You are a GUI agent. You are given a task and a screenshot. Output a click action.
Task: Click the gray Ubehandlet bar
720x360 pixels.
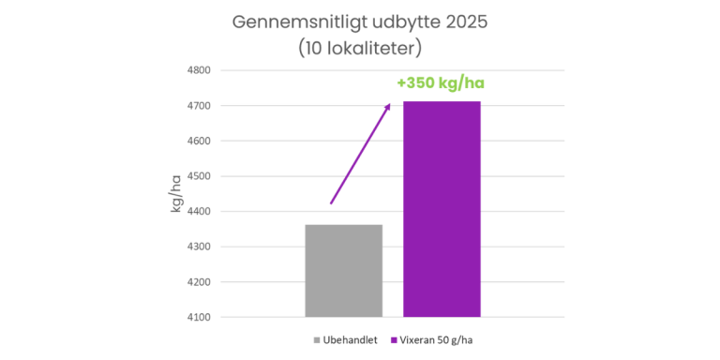tap(343, 271)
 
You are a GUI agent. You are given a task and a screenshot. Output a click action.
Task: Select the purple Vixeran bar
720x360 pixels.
tap(442, 209)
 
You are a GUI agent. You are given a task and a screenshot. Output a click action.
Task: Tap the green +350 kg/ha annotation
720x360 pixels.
tap(441, 83)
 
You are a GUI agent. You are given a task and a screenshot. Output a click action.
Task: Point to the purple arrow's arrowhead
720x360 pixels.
tap(387, 107)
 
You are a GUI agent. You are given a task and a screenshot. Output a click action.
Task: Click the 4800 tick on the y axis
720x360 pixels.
tap(199, 70)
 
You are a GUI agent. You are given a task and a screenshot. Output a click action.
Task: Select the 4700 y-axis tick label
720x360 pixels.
tap(199, 106)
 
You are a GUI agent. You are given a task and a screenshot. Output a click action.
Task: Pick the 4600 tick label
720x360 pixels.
tap(199, 142)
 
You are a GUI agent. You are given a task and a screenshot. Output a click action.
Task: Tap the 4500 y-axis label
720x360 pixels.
tap(199, 176)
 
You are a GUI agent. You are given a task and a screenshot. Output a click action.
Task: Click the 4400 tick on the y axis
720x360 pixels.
tap(199, 212)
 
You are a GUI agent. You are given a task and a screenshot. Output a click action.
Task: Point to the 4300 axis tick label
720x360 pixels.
tap(199, 247)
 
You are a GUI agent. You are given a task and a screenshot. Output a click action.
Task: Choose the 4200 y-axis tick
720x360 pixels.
tap(199, 282)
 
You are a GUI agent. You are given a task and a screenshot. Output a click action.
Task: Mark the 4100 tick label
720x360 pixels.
tap(199, 317)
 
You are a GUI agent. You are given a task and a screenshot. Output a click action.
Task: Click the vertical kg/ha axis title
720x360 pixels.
tap(177, 194)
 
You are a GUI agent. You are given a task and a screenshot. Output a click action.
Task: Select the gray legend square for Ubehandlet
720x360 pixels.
tap(317, 340)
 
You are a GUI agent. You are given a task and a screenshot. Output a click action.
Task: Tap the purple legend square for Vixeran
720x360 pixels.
tap(394, 340)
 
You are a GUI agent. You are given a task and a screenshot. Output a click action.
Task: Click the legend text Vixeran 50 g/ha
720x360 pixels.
tap(435, 340)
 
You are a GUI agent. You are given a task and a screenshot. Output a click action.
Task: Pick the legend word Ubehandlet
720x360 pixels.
tap(351, 340)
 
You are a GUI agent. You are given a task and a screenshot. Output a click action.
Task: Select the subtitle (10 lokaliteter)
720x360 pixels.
tap(360, 49)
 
